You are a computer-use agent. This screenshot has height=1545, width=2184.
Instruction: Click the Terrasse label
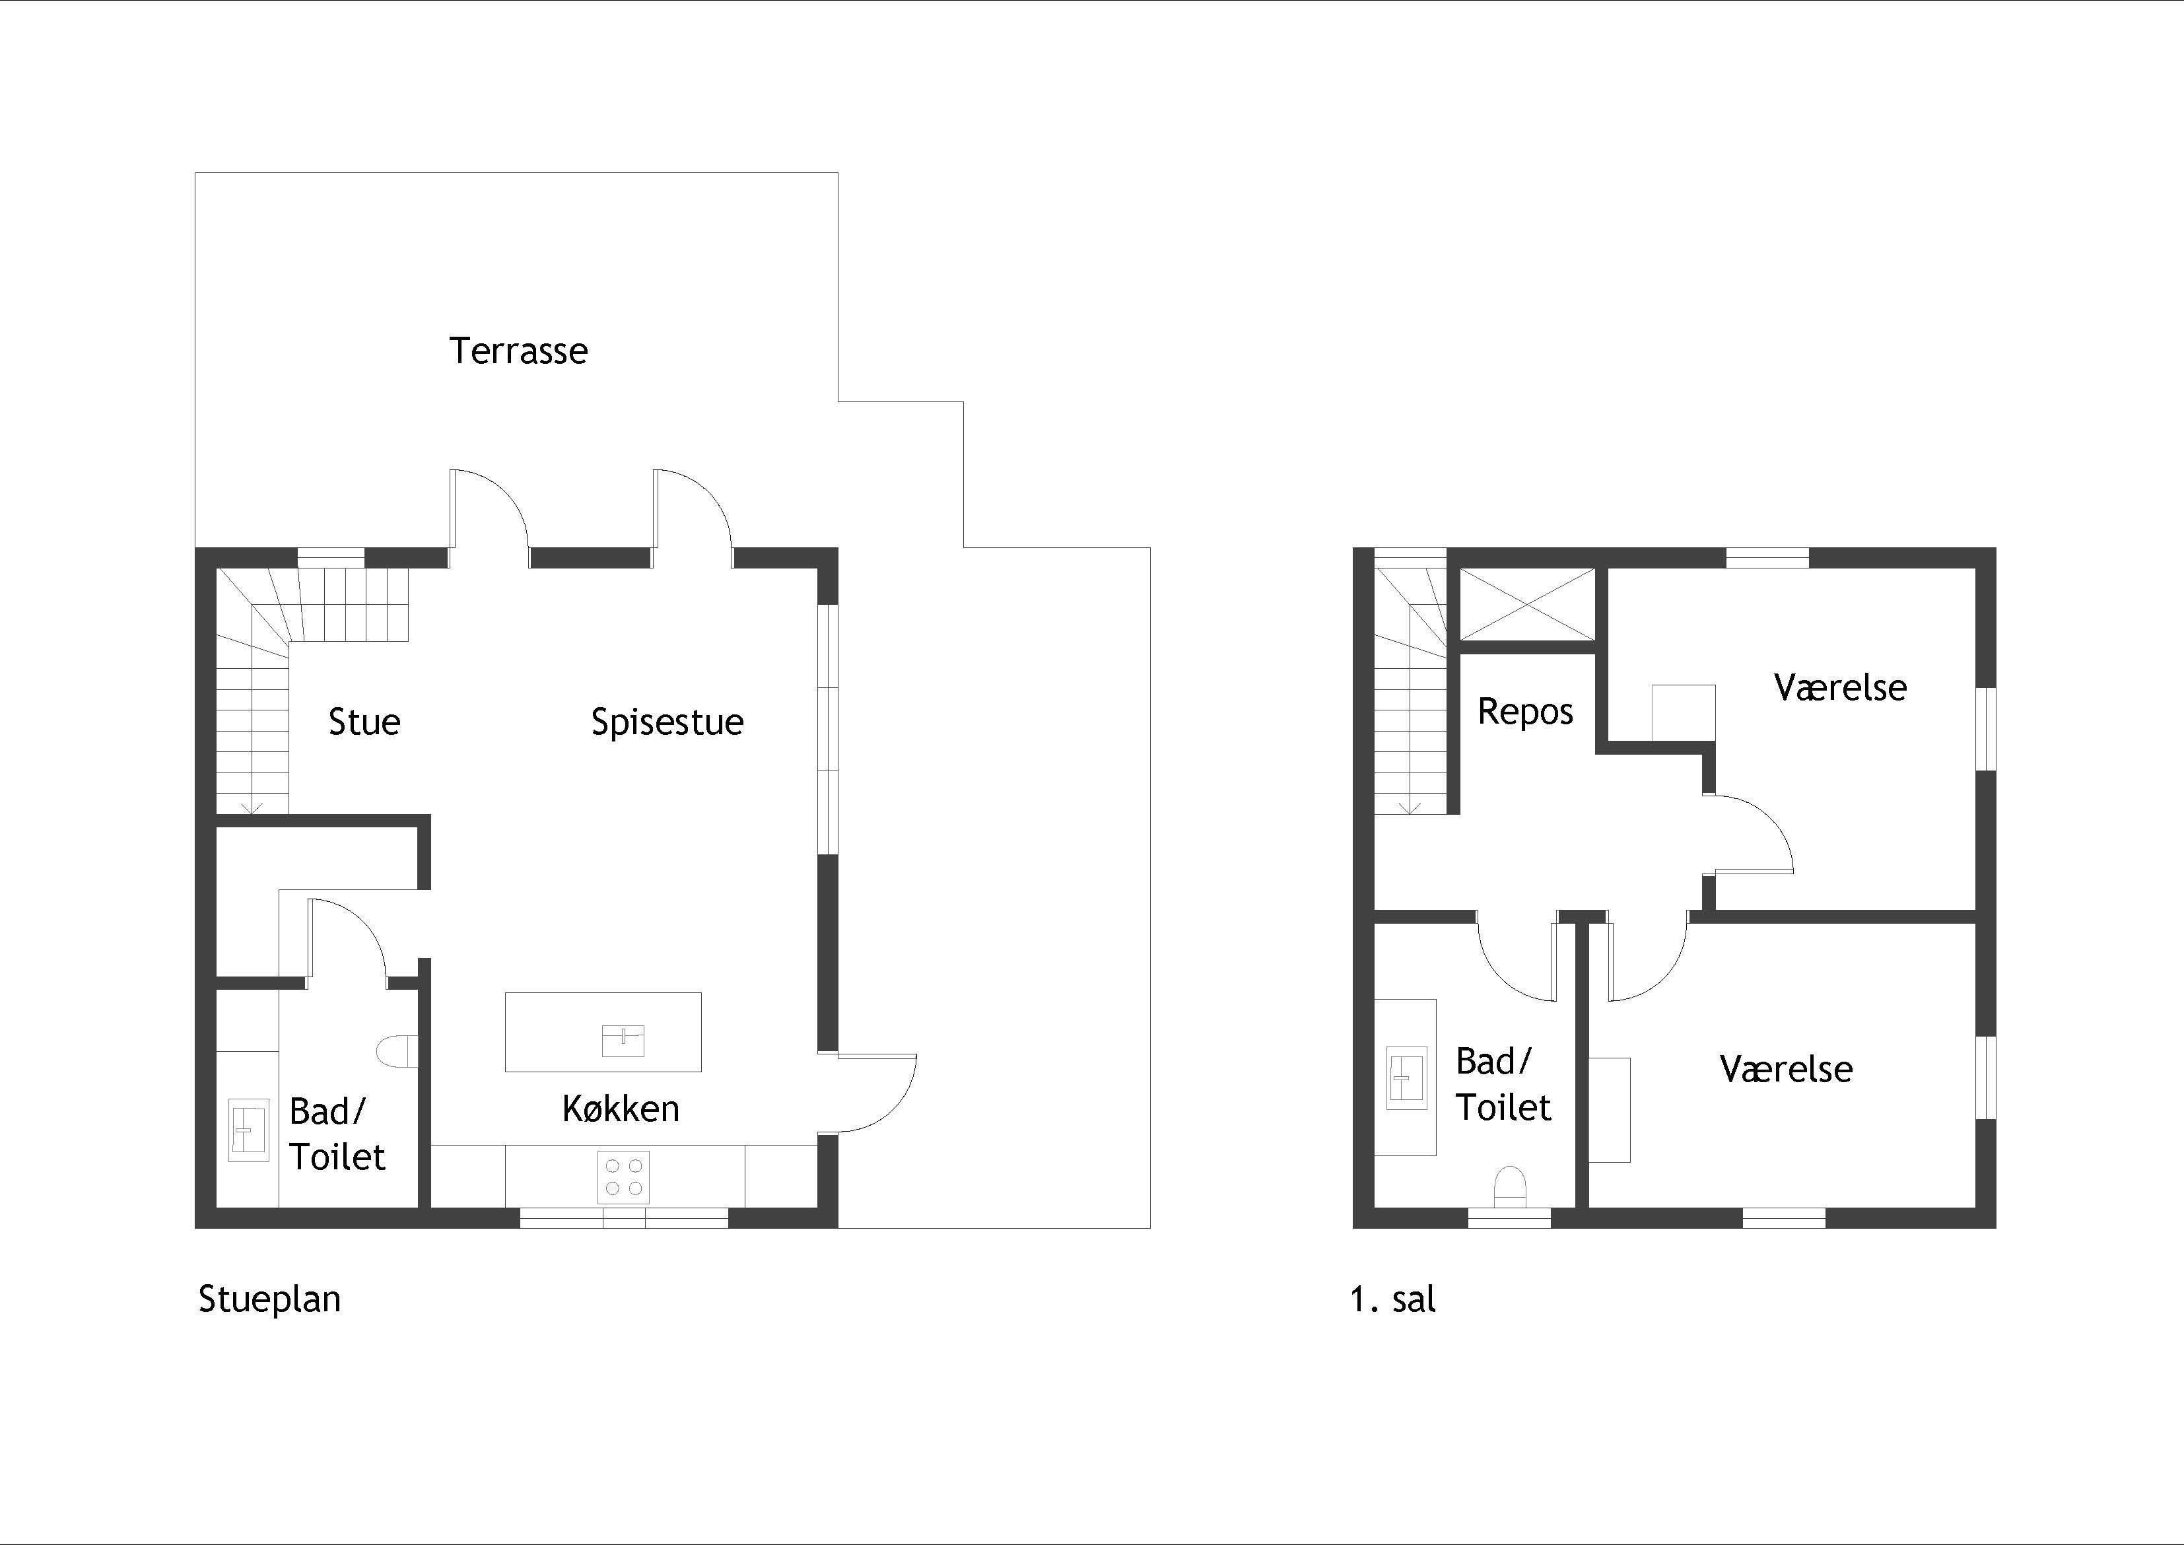click(x=518, y=351)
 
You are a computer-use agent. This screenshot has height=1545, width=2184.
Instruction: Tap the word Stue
click(x=364, y=722)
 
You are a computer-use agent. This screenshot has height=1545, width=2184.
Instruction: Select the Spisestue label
click(x=667, y=722)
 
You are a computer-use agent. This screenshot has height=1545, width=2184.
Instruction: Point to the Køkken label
click(x=620, y=1109)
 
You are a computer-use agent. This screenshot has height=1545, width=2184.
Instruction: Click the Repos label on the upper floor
click(x=1525, y=712)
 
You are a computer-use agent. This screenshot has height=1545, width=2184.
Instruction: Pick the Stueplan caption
click(x=269, y=1299)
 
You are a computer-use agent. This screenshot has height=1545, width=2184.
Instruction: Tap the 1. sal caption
click(x=1392, y=1299)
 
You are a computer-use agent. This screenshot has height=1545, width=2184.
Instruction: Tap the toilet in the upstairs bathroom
click(x=1509, y=1187)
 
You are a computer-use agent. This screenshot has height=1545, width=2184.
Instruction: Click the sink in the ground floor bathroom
click(x=248, y=1130)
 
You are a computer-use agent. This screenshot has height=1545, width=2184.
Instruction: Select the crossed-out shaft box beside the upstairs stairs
click(x=1526, y=604)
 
